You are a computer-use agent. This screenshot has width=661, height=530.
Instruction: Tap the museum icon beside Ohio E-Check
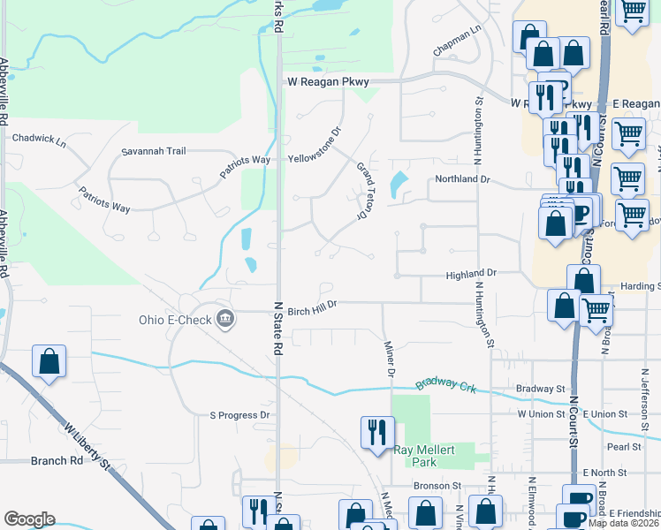pos(225,319)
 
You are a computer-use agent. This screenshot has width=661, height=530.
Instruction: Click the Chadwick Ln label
pos(39,139)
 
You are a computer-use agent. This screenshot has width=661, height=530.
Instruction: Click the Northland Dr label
pos(460,179)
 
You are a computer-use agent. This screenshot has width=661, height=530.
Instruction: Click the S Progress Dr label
pos(239,415)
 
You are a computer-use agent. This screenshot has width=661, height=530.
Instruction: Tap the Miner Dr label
pos(389,359)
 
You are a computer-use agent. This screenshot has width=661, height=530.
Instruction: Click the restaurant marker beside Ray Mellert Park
pos(377,433)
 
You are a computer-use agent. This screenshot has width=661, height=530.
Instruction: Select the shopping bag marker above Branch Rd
pos(49,361)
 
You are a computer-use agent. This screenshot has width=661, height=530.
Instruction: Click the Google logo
pos(29,519)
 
